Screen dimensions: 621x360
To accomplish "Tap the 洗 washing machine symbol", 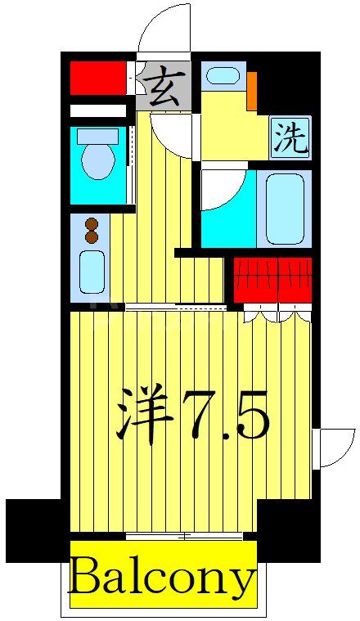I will pos(290,138).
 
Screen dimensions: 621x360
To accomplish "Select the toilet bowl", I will pos(98,158).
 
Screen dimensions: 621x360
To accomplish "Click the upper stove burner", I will pos(91,223).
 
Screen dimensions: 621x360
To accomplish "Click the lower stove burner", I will pos(91,237).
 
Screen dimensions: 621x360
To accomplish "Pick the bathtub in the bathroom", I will pos(284,208).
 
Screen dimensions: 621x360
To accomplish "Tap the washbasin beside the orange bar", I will pos(221,76).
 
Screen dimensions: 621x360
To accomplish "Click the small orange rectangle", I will pos(251,90).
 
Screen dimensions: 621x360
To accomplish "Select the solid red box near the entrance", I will pos(98,79).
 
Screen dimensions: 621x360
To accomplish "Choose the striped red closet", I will pos(273,279).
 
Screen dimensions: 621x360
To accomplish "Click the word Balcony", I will pos(162,578).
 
